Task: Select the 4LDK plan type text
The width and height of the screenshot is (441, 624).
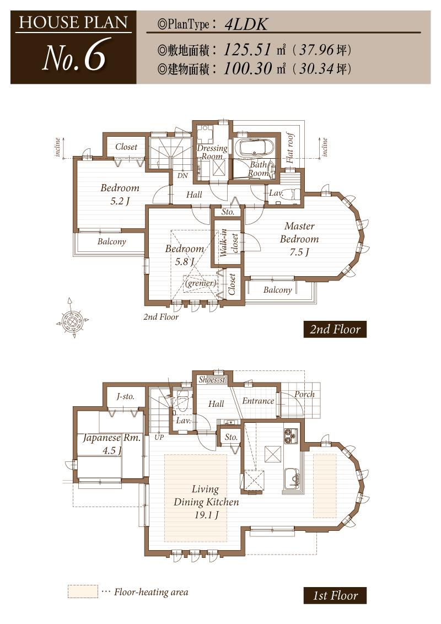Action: (x=246, y=24)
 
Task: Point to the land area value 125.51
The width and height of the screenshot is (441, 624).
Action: (x=248, y=50)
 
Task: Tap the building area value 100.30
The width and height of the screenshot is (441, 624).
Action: (x=248, y=68)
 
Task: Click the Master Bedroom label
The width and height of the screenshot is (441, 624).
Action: (x=299, y=239)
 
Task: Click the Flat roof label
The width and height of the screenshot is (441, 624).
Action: (x=291, y=148)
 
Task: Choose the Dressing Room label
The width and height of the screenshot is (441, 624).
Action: (x=212, y=152)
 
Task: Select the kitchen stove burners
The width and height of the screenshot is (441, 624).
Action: (x=291, y=435)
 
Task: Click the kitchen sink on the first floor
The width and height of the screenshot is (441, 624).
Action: (x=291, y=477)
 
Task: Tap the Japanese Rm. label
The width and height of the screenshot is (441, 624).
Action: (x=111, y=444)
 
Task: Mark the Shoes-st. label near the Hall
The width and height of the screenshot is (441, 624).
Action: (x=213, y=379)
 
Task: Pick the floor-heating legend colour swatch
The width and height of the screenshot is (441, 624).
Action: (x=83, y=591)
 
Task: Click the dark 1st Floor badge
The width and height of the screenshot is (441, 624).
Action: (x=335, y=595)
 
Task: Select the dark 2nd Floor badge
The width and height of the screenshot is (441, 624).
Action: (x=335, y=329)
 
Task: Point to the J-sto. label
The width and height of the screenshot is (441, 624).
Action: (x=125, y=396)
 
